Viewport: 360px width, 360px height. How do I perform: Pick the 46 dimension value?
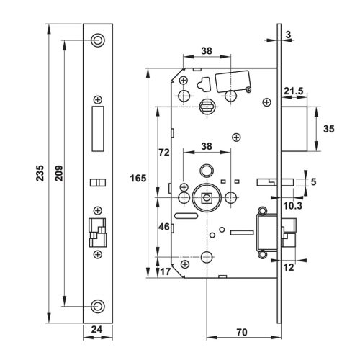click(x=164, y=226)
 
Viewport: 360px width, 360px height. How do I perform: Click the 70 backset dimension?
click(x=243, y=332)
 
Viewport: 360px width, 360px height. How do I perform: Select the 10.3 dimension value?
click(x=292, y=207)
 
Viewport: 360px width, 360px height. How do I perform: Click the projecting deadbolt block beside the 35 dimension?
click(x=297, y=130)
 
